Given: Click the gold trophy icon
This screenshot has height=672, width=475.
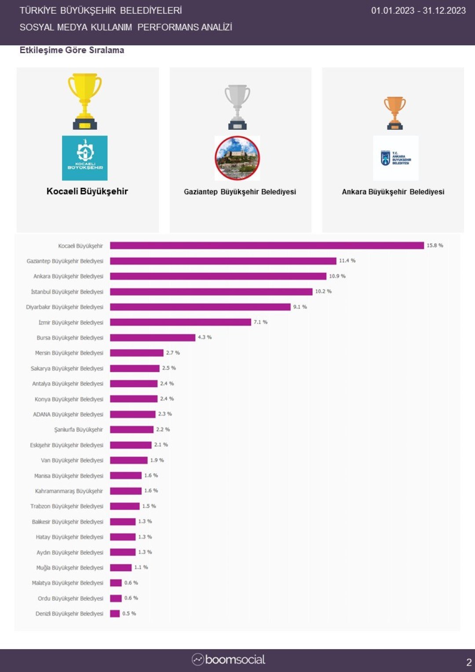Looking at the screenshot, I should [x=85, y=101].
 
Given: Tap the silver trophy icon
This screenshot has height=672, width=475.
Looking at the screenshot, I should [x=237, y=107].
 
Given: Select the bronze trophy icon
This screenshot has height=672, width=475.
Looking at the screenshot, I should [x=395, y=113].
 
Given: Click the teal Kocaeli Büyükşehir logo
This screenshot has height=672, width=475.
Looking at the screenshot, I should [x=85, y=158].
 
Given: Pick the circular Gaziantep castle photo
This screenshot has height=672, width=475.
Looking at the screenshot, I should [x=237, y=158].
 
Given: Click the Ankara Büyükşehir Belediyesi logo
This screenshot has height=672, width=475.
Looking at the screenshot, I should [x=395, y=158].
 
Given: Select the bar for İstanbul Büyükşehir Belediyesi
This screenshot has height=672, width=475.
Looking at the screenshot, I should [x=211, y=292].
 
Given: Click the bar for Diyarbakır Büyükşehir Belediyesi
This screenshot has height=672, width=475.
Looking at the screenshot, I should [x=200, y=307].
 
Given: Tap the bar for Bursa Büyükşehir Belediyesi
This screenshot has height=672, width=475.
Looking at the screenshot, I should [x=153, y=337].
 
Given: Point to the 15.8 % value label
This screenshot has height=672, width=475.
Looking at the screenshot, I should [x=435, y=245].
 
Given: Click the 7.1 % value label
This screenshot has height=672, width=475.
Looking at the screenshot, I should [x=260, y=322].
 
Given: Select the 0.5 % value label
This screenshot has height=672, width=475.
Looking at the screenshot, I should [x=129, y=614].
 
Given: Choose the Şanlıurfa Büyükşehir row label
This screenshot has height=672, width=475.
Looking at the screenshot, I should [x=79, y=430].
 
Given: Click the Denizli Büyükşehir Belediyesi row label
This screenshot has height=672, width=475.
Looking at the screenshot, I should [x=69, y=614].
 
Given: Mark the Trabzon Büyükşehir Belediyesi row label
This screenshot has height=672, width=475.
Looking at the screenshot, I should [x=67, y=506].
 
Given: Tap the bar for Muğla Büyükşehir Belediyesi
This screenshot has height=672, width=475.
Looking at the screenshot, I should [x=121, y=567].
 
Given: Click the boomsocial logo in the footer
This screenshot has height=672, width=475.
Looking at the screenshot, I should [x=229, y=660].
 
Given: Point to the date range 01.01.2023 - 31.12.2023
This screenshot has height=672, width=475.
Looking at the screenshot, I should [x=418, y=11].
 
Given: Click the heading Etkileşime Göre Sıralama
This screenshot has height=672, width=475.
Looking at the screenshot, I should [x=72, y=50].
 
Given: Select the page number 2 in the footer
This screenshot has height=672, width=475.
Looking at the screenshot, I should [x=469, y=662].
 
